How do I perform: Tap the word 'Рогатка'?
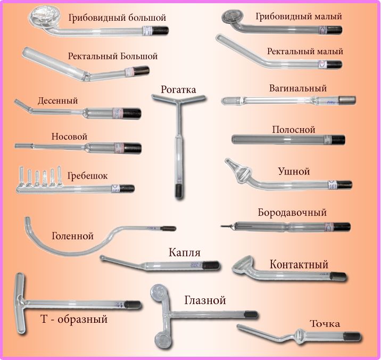point(178,89)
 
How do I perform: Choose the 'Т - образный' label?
point(74,320)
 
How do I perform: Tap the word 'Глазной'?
point(205,300)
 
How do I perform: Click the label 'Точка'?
point(325,323)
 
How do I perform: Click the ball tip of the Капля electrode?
point(103,258)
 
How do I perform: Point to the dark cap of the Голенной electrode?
point(169,229)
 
